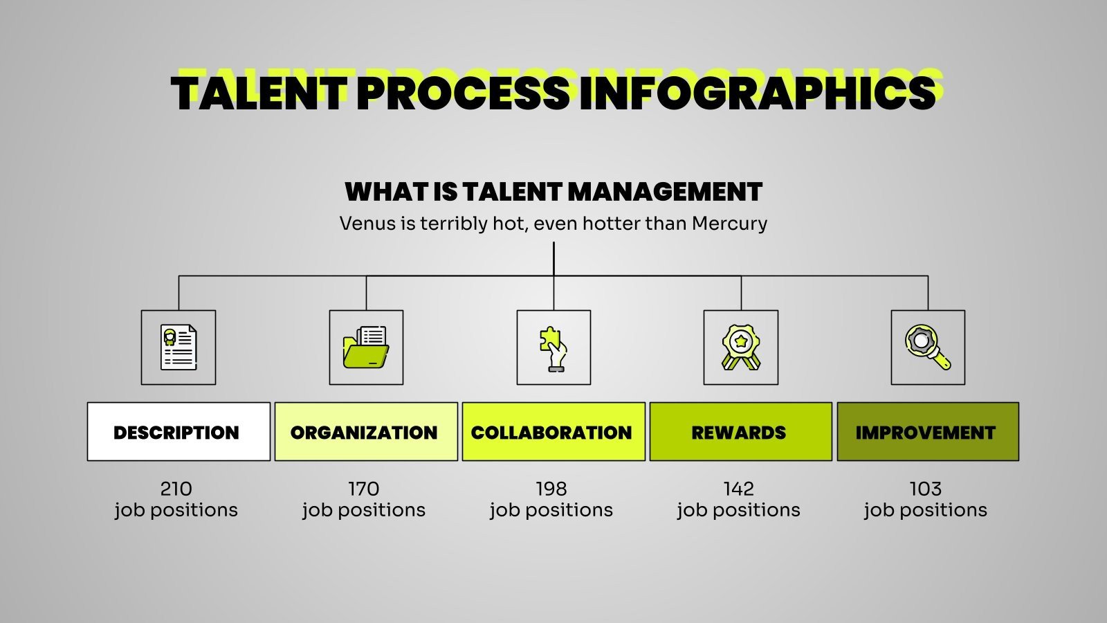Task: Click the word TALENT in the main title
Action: [257, 93]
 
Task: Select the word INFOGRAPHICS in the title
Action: [757, 93]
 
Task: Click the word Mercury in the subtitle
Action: [729, 224]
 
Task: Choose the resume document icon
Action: [179, 347]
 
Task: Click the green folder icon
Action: [366, 347]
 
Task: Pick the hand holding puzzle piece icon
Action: [553, 347]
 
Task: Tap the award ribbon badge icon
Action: [741, 347]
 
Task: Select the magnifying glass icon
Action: [928, 347]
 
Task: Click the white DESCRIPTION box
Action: [179, 432]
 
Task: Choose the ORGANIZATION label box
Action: [366, 432]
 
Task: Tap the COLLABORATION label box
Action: [553, 432]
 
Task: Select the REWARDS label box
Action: [740, 432]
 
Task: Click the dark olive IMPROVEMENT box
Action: [928, 432]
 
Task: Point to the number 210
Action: [176, 489]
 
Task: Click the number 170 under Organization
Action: [364, 489]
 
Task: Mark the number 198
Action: [551, 489]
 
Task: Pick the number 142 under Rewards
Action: [739, 489]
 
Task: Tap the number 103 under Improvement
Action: [926, 489]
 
